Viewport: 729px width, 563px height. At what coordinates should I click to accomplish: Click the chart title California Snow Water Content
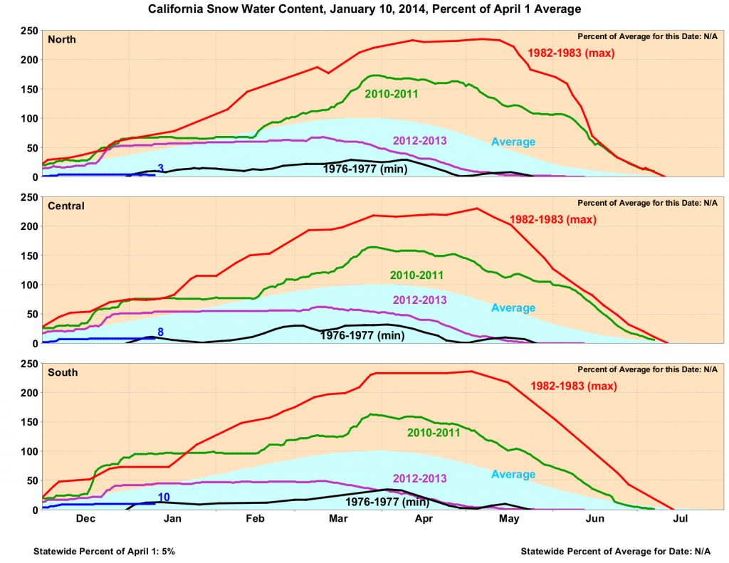[364, 10]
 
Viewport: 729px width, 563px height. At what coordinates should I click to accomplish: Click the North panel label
[61, 40]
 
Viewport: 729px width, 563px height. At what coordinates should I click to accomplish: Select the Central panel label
[65, 206]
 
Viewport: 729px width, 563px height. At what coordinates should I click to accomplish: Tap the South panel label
[63, 373]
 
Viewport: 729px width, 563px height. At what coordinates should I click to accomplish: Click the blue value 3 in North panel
[161, 169]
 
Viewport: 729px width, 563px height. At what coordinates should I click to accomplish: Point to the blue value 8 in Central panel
[161, 332]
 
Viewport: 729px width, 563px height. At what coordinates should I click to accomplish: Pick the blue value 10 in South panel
[163, 497]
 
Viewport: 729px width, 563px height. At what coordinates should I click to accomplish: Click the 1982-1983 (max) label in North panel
[570, 53]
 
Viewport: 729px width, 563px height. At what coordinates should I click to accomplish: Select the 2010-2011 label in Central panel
[417, 275]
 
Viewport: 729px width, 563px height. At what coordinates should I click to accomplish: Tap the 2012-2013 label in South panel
[419, 478]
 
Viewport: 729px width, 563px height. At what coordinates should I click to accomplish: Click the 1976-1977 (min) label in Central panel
[362, 335]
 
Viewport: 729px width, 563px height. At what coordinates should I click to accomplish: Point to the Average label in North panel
[513, 142]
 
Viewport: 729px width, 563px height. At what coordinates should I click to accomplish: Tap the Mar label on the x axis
[338, 519]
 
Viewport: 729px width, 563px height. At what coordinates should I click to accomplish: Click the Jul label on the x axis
[680, 519]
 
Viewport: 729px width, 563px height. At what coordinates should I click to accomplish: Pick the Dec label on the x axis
[85, 519]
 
